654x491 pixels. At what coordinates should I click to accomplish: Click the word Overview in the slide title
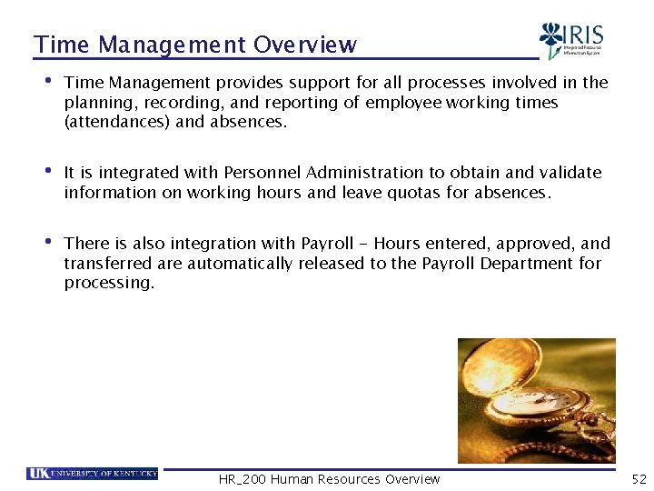(305, 45)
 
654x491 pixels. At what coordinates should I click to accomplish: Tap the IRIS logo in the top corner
(571, 41)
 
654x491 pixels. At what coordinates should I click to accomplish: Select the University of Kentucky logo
(93, 473)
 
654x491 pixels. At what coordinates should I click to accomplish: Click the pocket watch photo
(536, 400)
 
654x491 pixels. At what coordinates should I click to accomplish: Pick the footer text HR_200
(243, 479)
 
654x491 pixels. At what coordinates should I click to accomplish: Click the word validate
(570, 173)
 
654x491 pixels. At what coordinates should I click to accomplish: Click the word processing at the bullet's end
(109, 283)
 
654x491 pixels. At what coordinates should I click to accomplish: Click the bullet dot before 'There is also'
(48, 242)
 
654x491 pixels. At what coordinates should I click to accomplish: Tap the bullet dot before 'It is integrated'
(48, 171)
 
